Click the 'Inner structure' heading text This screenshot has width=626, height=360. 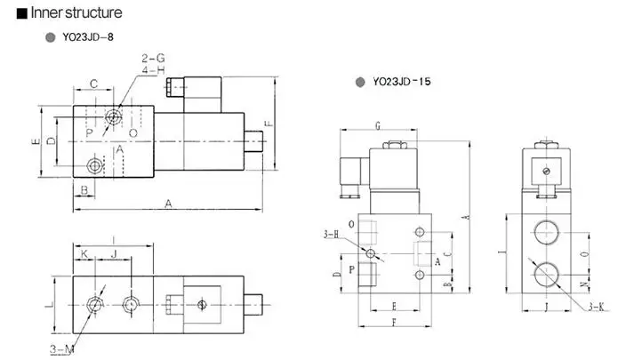76,12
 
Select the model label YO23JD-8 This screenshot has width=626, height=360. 88,37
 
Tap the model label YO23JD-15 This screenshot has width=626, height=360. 402,82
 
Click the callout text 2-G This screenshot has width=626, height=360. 153,59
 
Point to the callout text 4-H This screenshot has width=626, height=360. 153,70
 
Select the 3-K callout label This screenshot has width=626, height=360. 597,306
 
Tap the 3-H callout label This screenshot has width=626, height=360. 331,235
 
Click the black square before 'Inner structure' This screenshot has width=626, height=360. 21,13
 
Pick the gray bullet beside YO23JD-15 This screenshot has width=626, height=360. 360,82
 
